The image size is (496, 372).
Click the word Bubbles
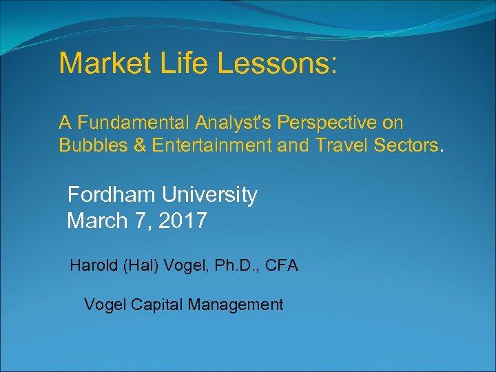(87, 145)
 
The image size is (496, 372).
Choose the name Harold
(94, 265)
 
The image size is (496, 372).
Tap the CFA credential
(280, 265)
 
